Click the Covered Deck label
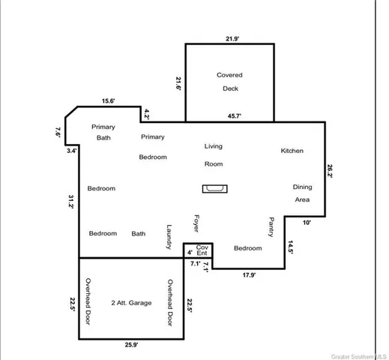[x=229, y=82]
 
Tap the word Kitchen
[x=292, y=151]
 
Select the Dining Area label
[x=302, y=193]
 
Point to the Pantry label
[x=271, y=227]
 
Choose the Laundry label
[x=169, y=238]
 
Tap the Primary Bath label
[x=103, y=133]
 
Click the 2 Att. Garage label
[x=131, y=303]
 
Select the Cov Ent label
[x=202, y=250]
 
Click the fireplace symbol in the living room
[x=215, y=189]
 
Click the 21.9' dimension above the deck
[x=232, y=37]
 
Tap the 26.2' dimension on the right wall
[x=331, y=170]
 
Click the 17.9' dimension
[x=249, y=275]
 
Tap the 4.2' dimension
[x=147, y=115]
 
